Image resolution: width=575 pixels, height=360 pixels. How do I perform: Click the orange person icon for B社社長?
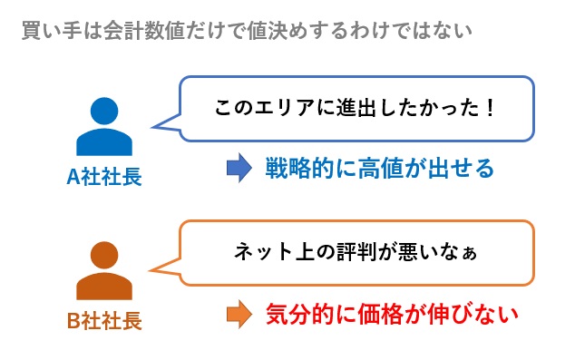(x=104, y=271)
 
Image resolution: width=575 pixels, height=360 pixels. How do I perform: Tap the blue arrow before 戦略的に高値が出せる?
(x=238, y=169)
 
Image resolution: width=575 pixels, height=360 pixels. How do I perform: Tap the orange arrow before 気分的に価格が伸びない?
(x=238, y=314)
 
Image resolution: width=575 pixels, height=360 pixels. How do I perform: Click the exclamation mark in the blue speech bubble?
(x=490, y=109)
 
